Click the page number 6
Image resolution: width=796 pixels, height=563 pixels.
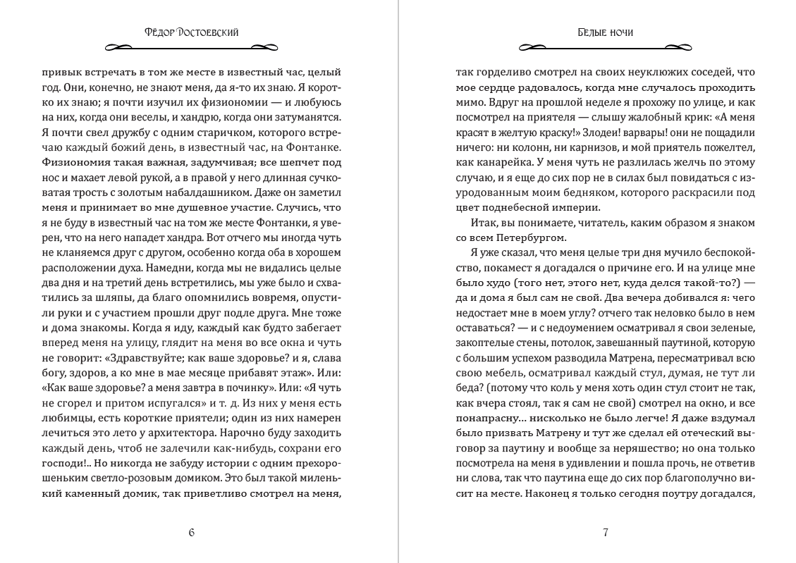pyautogui.click(x=192, y=532)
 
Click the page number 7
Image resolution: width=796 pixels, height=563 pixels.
pyautogui.click(x=605, y=532)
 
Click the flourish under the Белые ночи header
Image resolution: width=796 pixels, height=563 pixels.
pyautogui.click(x=604, y=48)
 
